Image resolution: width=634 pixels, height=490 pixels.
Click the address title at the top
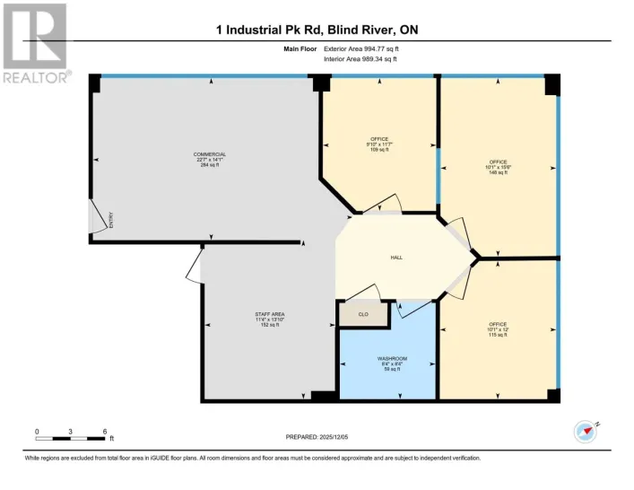tap(317, 31)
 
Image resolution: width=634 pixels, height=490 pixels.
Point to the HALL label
tap(395, 258)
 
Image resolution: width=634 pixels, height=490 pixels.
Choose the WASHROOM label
tap(392, 363)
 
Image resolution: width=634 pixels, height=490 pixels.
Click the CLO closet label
tap(363, 314)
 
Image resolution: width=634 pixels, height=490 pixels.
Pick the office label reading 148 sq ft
tap(497, 167)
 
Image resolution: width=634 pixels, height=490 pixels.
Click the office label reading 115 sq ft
tap(497, 328)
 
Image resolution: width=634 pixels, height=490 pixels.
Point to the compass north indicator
tap(587, 431)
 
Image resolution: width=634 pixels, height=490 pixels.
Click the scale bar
tap(71, 440)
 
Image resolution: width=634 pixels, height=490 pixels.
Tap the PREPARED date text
tap(317, 437)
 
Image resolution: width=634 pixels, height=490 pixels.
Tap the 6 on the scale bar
tap(105, 432)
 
